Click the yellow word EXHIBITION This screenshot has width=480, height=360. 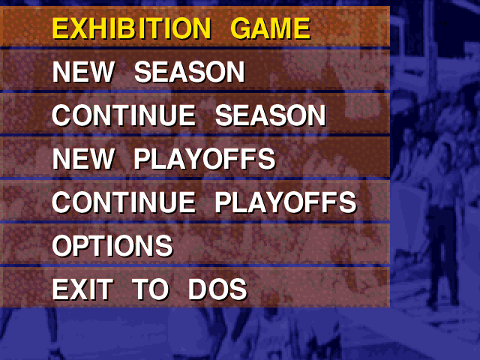tap(132, 28)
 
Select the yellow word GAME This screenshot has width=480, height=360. tap(271, 28)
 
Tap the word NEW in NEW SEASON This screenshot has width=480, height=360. tap(83, 72)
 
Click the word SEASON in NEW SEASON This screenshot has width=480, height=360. tap(190, 72)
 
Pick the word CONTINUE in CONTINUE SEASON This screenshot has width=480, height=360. tap(124, 115)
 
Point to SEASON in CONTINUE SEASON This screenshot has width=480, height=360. tap(271, 115)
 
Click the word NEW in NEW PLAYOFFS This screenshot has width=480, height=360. tap(83, 159)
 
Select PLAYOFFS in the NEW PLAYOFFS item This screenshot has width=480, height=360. tap(205, 159)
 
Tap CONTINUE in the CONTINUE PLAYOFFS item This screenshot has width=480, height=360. tap(124, 202)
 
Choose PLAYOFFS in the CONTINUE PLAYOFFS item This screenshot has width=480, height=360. tap(286, 202)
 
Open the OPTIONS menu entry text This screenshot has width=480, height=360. tap(112, 246)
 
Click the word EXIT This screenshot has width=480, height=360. tap(82, 289)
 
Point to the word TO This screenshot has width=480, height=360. tap(151, 289)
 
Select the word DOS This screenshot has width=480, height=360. tap(217, 289)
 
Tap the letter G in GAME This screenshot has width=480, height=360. tap(241, 28)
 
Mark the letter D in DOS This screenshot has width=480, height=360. tap(197, 289)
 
